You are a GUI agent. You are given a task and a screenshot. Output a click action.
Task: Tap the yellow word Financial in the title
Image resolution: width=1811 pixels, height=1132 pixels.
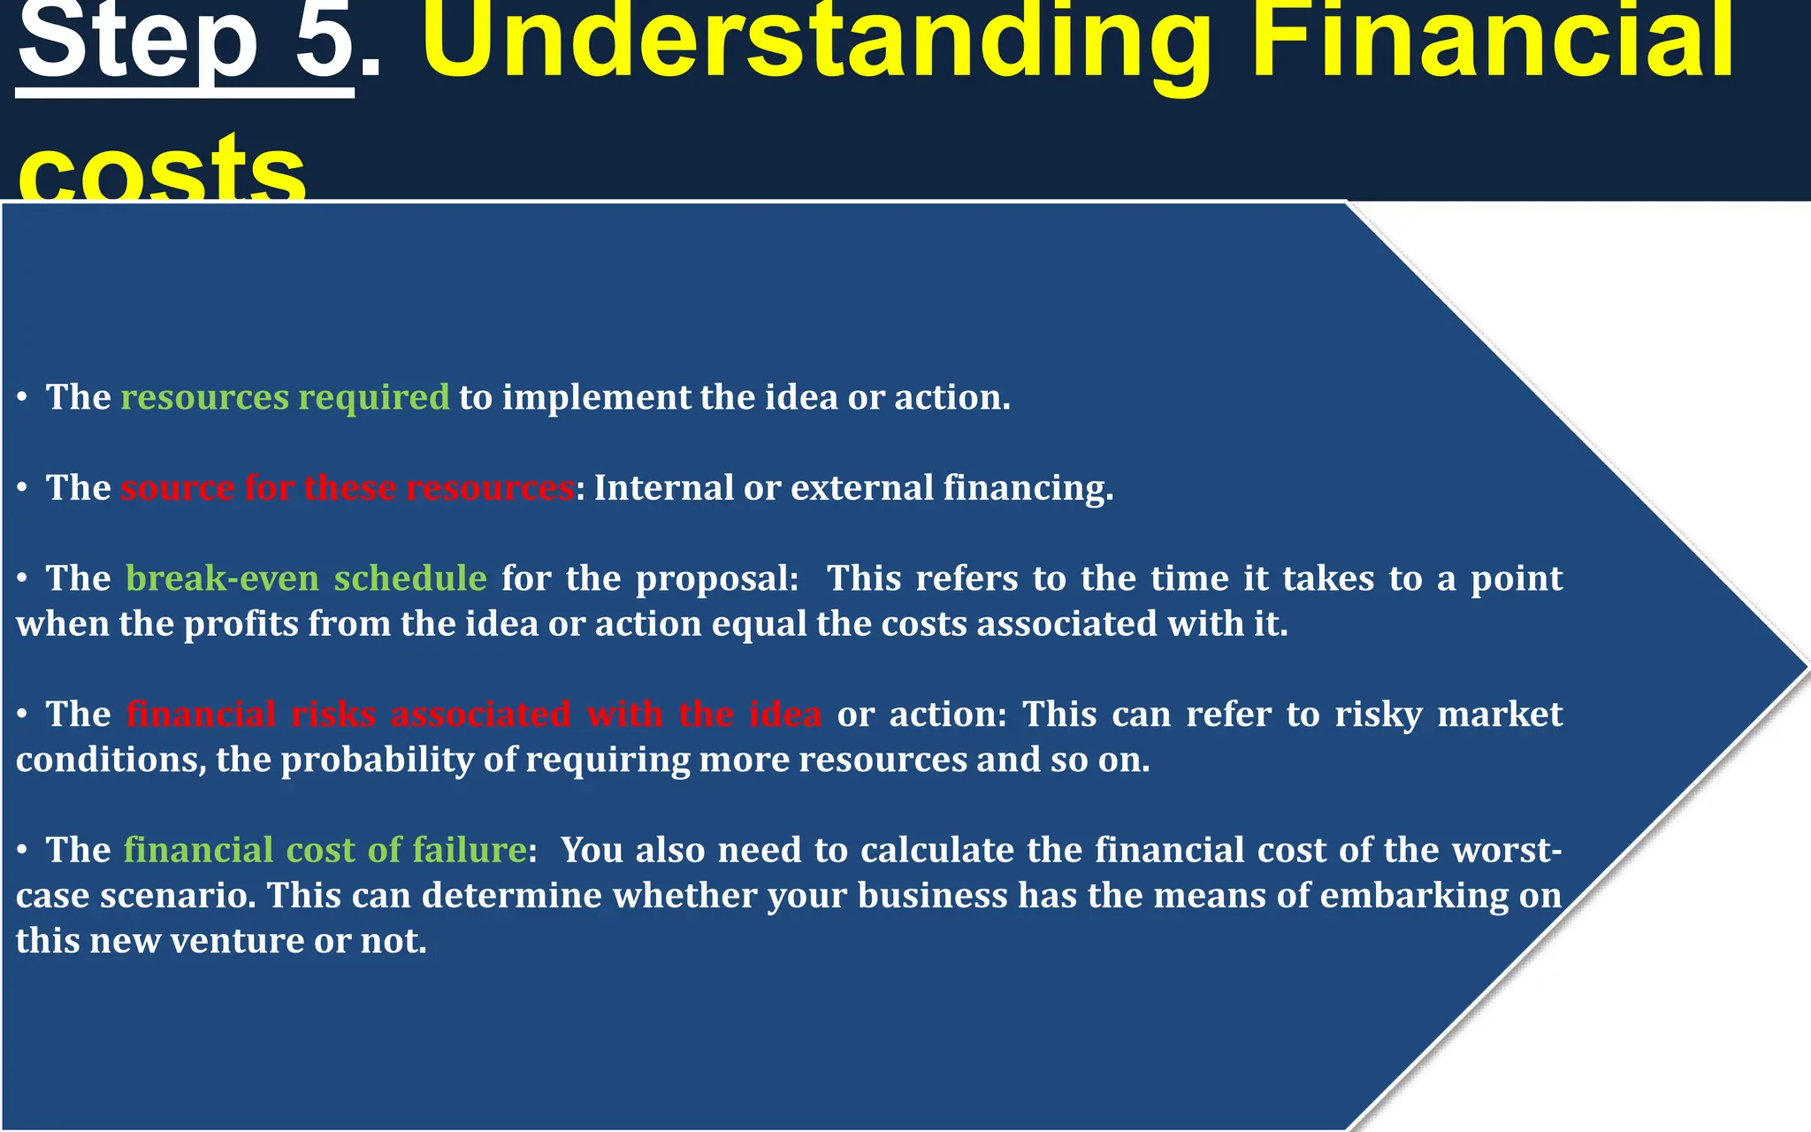coord(1494,40)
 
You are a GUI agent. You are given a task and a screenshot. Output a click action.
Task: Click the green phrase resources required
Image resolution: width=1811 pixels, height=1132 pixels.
coord(285,397)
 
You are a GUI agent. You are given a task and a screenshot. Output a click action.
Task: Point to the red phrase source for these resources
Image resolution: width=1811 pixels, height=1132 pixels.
coord(347,487)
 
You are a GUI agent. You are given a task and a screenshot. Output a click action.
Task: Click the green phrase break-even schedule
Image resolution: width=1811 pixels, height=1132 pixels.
coord(306,578)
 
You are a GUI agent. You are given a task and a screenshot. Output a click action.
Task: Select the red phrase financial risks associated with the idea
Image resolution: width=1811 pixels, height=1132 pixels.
coord(473,714)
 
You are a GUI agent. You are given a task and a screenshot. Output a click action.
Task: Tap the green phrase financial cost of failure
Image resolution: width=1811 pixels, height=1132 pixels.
coord(325,850)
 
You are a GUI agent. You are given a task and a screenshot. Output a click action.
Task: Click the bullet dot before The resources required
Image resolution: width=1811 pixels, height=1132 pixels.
coord(22,399)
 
